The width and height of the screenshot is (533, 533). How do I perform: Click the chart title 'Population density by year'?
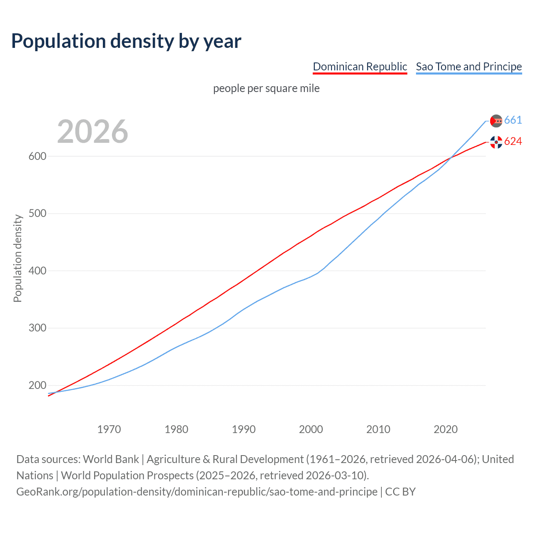126,41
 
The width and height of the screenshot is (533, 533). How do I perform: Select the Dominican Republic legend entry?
360,67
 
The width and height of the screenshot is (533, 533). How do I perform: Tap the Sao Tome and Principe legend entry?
469,67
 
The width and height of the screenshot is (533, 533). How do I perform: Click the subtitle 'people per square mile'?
266,88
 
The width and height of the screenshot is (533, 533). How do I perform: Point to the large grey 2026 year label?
92,132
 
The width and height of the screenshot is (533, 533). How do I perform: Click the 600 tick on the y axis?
37,157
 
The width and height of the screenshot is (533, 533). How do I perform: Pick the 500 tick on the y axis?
37,214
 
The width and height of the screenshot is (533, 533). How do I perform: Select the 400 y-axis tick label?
37,271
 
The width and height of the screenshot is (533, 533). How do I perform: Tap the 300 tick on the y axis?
37,328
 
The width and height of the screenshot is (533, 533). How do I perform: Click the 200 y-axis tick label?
37,386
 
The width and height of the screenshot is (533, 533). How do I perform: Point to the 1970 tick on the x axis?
109,429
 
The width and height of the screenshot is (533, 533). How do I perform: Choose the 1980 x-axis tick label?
177,429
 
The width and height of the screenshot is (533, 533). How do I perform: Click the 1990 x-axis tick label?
244,429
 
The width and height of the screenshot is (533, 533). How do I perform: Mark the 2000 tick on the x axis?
311,429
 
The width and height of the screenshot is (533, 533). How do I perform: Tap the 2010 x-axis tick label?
378,429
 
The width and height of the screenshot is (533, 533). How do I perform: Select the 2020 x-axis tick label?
446,429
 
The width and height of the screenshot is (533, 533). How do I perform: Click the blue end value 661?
513,120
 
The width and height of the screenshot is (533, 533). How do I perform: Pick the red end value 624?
513,142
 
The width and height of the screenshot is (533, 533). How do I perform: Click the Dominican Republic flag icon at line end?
496,142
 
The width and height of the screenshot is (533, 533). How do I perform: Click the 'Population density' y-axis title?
17,258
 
